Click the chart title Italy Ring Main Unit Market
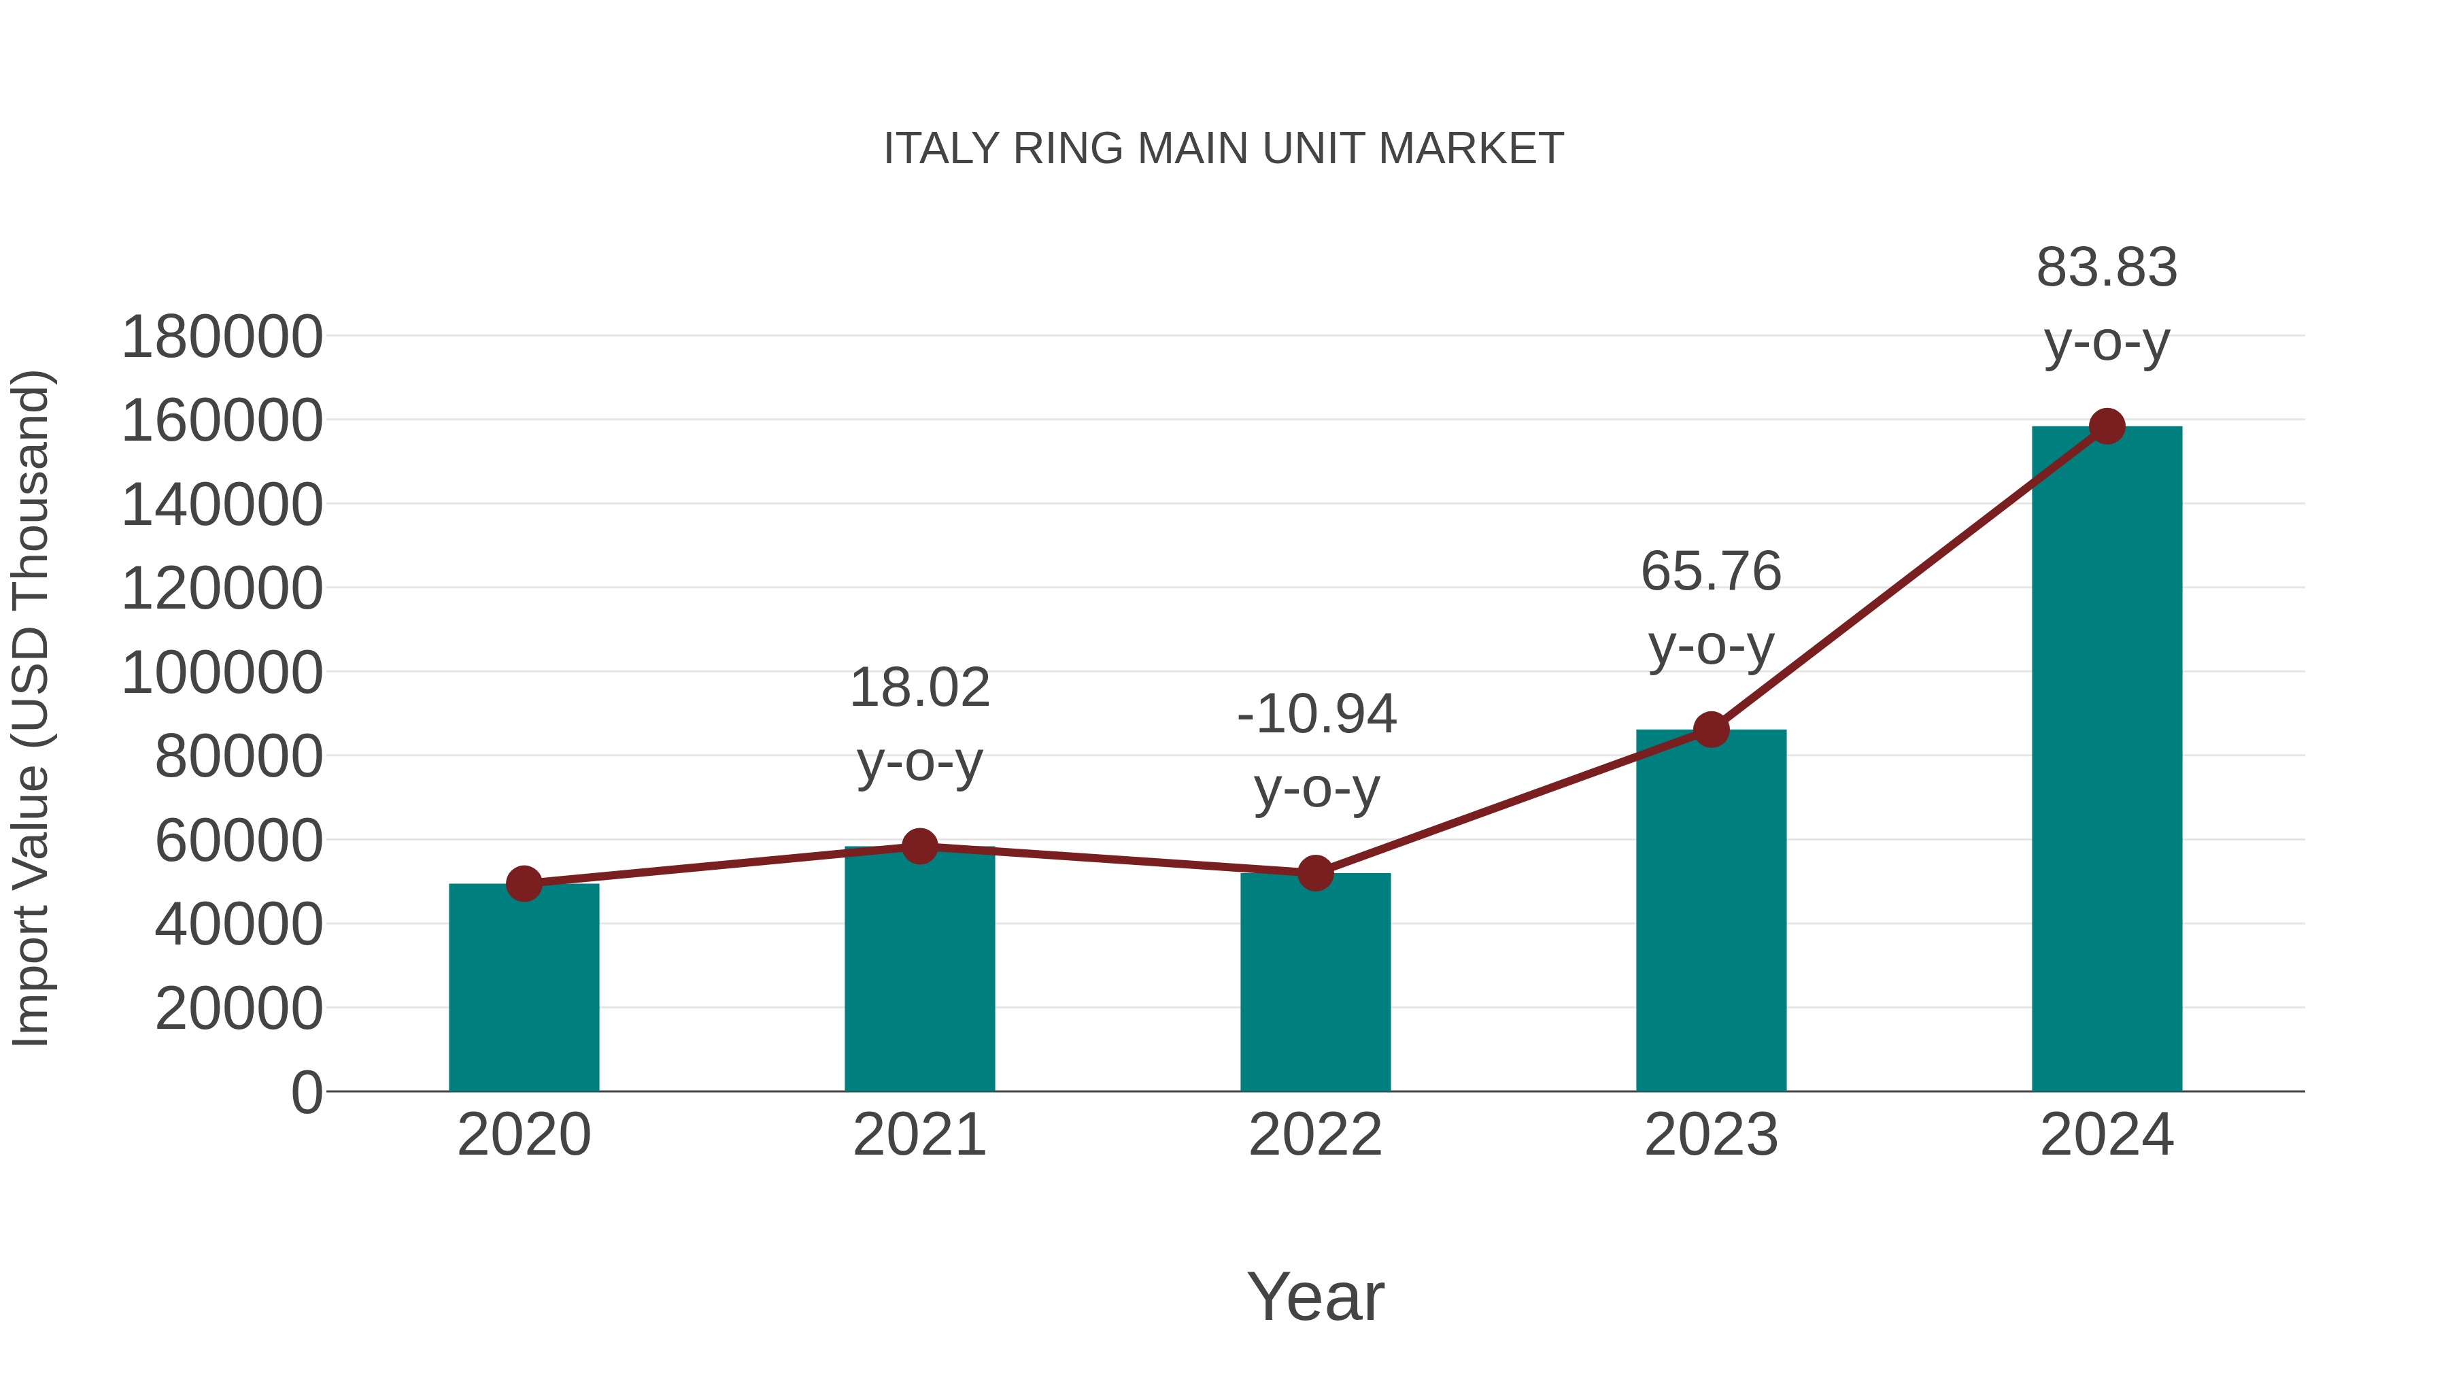click(x=1223, y=148)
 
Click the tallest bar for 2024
click(x=2107, y=760)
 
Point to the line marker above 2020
click(x=524, y=884)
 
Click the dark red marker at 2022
click(x=1315, y=872)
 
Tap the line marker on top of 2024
click(x=2107, y=426)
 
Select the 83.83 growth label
click(x=2107, y=268)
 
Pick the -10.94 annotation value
click(x=1316, y=715)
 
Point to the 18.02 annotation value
click(x=919, y=688)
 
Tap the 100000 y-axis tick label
click(x=222, y=674)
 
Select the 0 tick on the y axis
click(x=306, y=1093)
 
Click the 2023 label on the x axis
click(x=1711, y=1135)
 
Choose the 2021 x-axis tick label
click(x=919, y=1135)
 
